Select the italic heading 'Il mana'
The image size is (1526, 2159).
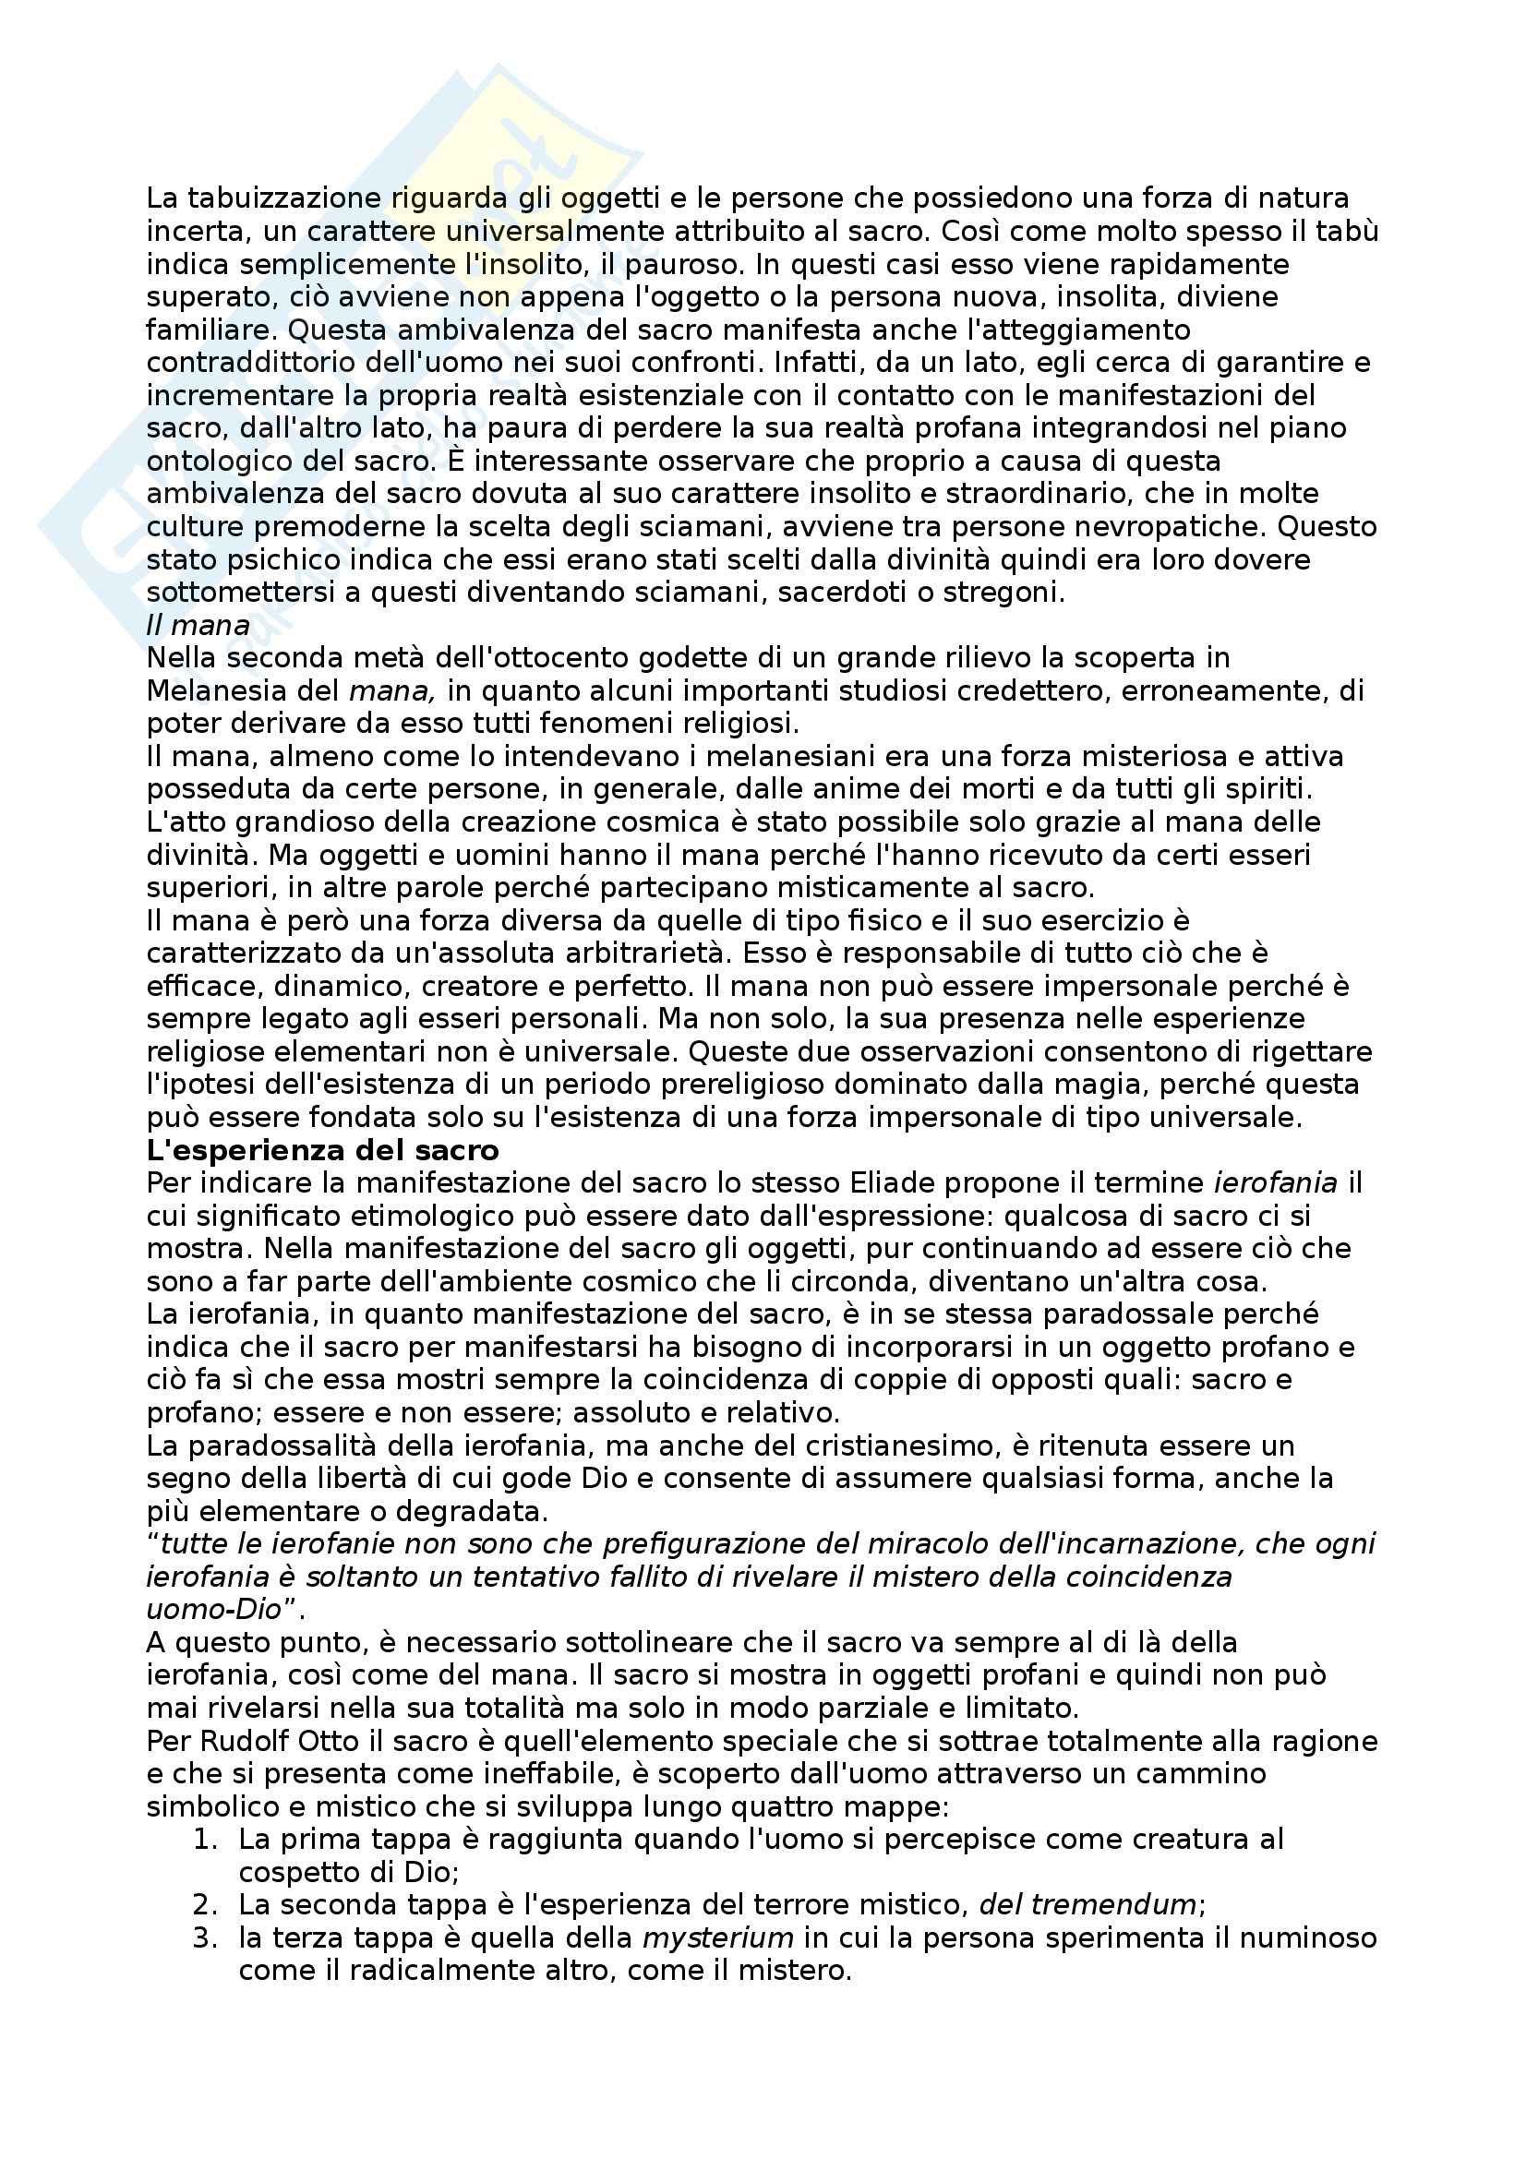pos(198,625)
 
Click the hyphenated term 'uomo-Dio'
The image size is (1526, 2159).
pos(214,1609)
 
